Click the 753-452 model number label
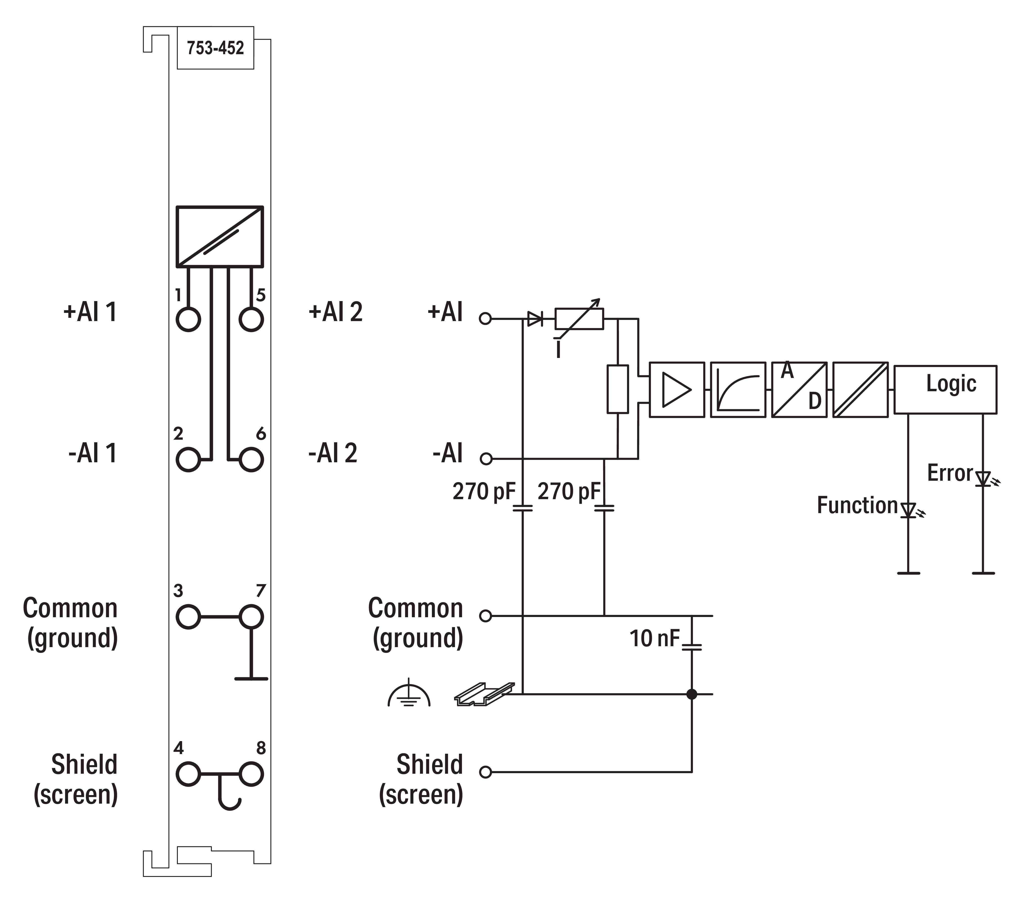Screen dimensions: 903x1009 click(x=215, y=48)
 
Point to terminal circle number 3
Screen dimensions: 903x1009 click(x=188, y=617)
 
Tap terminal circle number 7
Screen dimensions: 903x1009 click(x=251, y=617)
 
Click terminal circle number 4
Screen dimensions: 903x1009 click(x=188, y=774)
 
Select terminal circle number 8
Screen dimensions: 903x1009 click(x=251, y=774)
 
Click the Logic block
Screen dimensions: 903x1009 click(x=945, y=389)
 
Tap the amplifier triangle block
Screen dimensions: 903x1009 click(x=677, y=389)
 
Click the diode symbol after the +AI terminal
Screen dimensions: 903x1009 click(x=534, y=319)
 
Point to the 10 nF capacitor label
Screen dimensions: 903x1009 click(x=654, y=639)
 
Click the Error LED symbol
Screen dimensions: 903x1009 click(x=983, y=479)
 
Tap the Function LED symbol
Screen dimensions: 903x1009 click(x=908, y=510)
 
